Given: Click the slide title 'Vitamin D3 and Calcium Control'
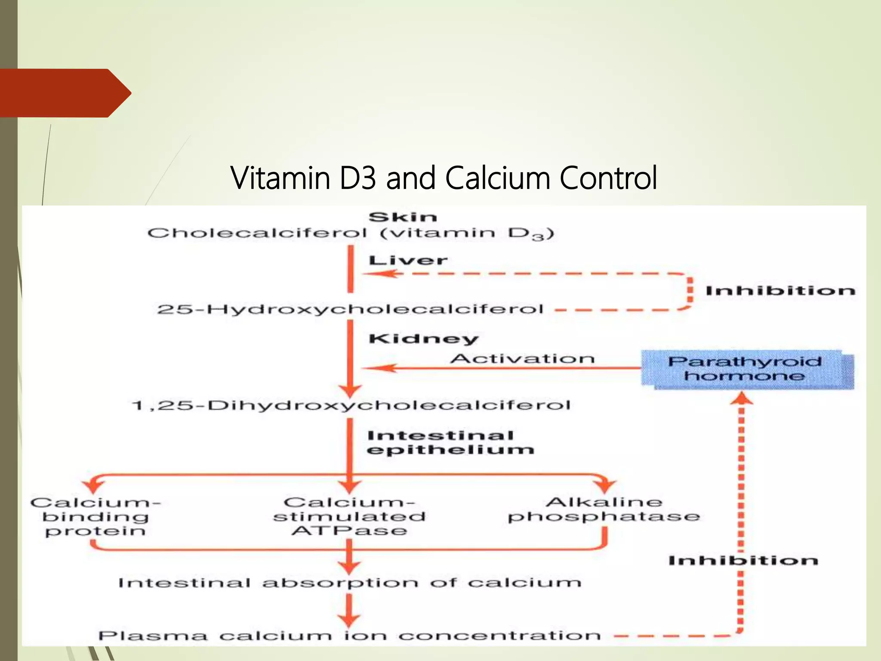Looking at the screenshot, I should tap(444, 178).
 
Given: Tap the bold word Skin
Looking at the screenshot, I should tap(403, 217).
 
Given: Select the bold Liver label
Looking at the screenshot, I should tap(408, 260).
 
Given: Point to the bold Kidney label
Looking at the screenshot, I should tap(423, 339).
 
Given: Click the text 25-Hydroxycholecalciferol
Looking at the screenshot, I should tap(350, 309).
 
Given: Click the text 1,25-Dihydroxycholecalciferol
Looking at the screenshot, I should tap(351, 405).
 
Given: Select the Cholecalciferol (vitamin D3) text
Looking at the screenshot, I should tap(350, 234).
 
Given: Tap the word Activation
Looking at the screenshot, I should tap(522, 358).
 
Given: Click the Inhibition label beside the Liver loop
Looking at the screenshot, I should tap(780, 291).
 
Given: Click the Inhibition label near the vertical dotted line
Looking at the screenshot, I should tap(743, 560).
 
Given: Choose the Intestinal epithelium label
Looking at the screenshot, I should tap(450, 443).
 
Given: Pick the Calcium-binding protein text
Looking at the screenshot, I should tap(95, 516).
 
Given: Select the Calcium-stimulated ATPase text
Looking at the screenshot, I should tap(349, 516).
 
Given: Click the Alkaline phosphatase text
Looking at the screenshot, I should tap(604, 510).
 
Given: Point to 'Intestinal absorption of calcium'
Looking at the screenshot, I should tap(349, 583).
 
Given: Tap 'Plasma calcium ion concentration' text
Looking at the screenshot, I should tap(349, 636).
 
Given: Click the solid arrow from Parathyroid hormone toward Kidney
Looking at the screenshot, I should tap(499, 368).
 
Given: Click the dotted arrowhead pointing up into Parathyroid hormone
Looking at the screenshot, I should tap(742, 398).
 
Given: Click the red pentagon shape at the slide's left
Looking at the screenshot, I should tap(65, 93).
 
